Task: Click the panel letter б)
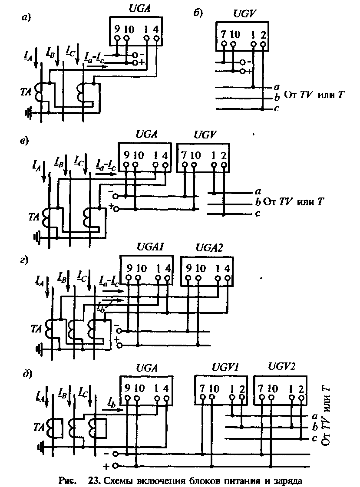(x=198, y=13)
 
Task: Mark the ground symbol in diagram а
(x=29, y=112)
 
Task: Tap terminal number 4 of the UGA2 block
(x=227, y=268)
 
